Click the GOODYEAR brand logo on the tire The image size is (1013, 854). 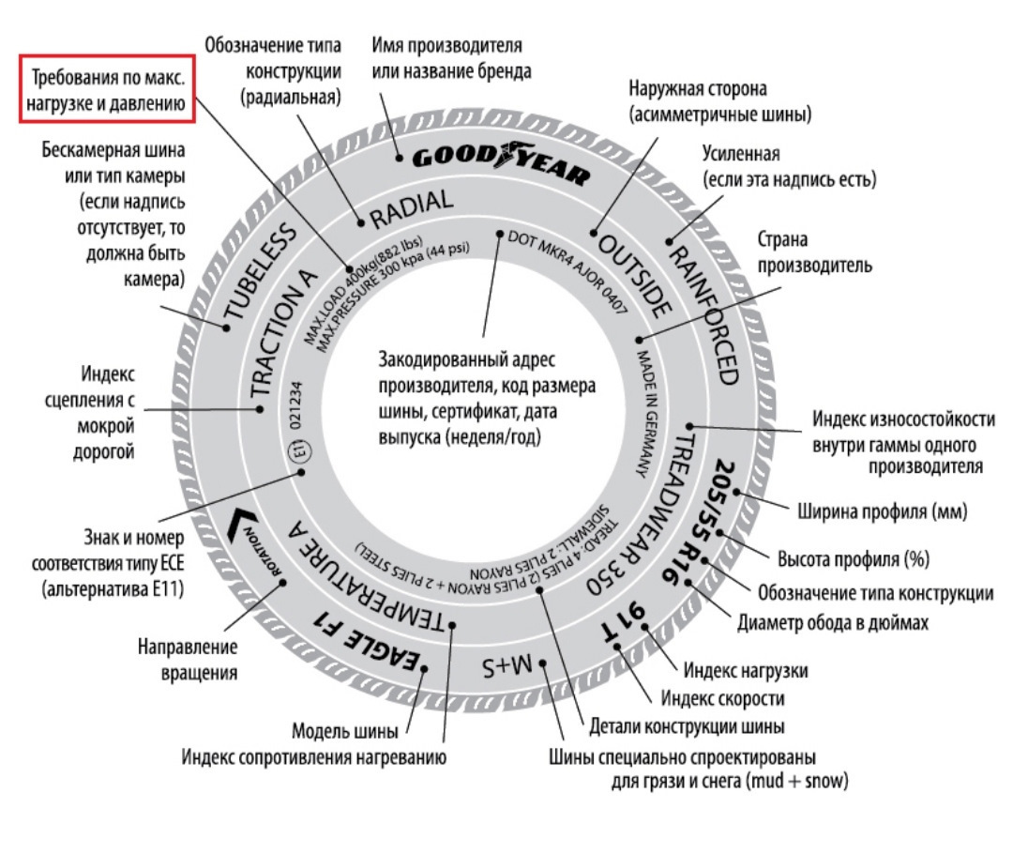coord(501,161)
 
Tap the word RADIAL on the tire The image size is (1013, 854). coord(411,208)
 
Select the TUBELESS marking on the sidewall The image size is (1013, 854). coord(259,272)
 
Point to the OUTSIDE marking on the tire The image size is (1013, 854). coord(635,275)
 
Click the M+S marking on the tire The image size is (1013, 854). coord(508,666)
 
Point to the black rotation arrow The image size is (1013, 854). coord(242,525)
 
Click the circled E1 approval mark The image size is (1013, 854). coord(302,450)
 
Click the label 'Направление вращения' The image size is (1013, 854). coord(188,660)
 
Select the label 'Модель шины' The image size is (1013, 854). coord(345,731)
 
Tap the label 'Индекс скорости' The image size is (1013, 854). coord(723,698)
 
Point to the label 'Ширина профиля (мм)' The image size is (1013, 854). coord(883,511)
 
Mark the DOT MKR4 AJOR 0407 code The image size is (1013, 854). coord(567,271)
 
